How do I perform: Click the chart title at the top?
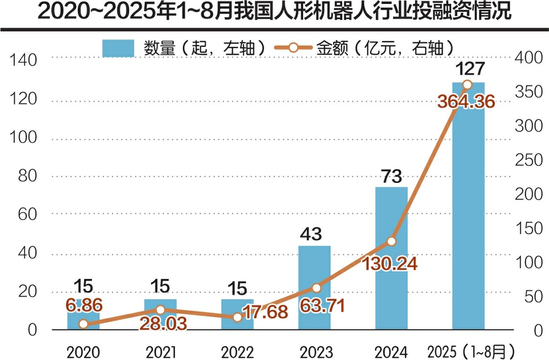274,13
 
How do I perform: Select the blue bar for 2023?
314,289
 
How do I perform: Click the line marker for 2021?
161,310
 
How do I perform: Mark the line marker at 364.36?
467,85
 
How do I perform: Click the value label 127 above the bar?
468,69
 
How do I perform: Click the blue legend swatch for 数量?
118,49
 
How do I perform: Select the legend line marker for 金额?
292,49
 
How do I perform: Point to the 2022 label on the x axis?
237,350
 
